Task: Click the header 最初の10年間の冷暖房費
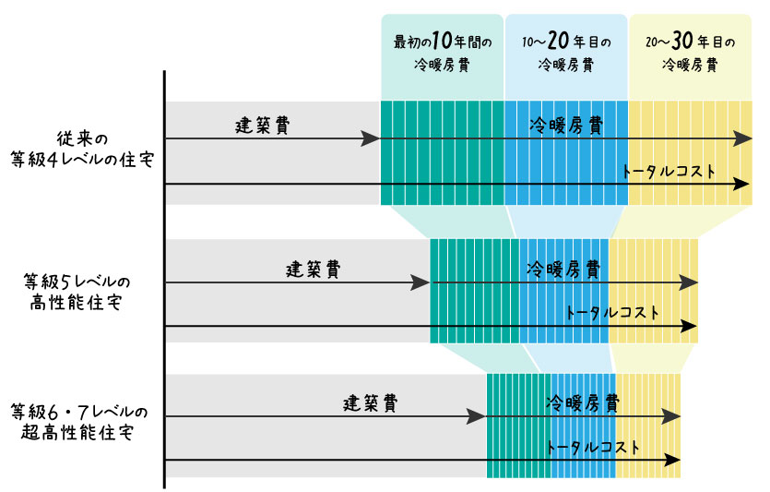(x=443, y=54)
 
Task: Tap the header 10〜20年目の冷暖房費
(x=565, y=54)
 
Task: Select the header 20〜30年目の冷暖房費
(x=690, y=54)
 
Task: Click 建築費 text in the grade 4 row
(x=263, y=126)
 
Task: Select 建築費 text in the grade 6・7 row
(x=371, y=403)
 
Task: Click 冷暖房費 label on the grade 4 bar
(x=566, y=126)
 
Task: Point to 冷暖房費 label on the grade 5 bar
(x=563, y=270)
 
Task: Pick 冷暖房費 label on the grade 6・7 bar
(x=582, y=403)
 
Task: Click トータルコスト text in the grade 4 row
(x=669, y=172)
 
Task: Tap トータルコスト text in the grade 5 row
(x=613, y=313)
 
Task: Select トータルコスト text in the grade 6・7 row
(x=593, y=448)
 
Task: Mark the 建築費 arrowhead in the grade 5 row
(x=421, y=282)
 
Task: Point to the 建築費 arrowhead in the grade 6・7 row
(x=477, y=416)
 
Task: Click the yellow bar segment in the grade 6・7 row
(x=648, y=426)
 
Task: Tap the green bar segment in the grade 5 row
(x=473, y=291)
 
